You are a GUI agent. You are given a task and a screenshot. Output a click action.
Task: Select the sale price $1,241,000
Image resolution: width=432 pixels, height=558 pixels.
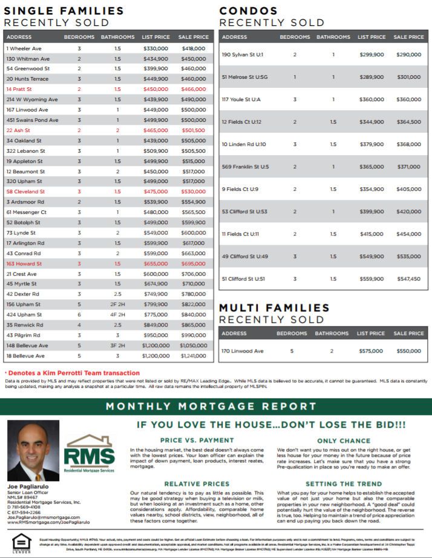pos(194,356)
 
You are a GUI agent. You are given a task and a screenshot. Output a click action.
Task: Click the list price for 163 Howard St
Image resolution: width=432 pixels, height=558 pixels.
pos(155,264)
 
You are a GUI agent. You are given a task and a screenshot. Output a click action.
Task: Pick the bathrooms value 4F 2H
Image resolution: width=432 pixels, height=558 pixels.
pos(117,314)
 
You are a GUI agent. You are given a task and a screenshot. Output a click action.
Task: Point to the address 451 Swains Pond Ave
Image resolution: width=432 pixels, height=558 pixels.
pos(32,120)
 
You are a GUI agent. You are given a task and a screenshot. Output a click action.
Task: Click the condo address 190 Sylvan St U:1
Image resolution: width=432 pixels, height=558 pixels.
pos(242,55)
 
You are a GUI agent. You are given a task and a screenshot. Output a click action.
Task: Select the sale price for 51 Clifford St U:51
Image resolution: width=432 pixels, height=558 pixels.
pos(408,279)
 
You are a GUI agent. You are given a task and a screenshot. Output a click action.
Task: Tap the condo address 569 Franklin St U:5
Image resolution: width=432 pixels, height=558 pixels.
pos(245,167)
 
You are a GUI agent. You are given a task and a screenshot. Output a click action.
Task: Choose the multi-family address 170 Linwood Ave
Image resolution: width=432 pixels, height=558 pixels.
pos(242,351)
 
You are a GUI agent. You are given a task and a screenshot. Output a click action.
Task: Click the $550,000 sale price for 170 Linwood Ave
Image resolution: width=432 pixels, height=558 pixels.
pos(408,351)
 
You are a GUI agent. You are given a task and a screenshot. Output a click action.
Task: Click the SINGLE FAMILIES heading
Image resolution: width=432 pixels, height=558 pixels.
pos(64,11)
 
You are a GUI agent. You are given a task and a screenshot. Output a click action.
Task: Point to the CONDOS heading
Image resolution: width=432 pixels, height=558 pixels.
pos(249,11)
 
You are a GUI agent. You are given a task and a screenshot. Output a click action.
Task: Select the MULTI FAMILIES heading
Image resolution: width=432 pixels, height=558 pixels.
pos(274,308)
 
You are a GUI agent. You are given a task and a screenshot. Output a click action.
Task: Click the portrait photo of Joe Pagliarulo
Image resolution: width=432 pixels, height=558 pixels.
pos(33,451)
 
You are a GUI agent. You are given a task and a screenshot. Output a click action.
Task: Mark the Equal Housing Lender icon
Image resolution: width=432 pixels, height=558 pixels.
pos(21,541)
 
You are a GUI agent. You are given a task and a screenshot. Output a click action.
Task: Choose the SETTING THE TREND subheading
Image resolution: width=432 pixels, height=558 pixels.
pos(343,483)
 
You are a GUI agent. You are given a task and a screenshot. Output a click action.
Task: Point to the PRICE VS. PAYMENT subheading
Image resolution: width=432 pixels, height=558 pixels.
pos(197,440)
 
